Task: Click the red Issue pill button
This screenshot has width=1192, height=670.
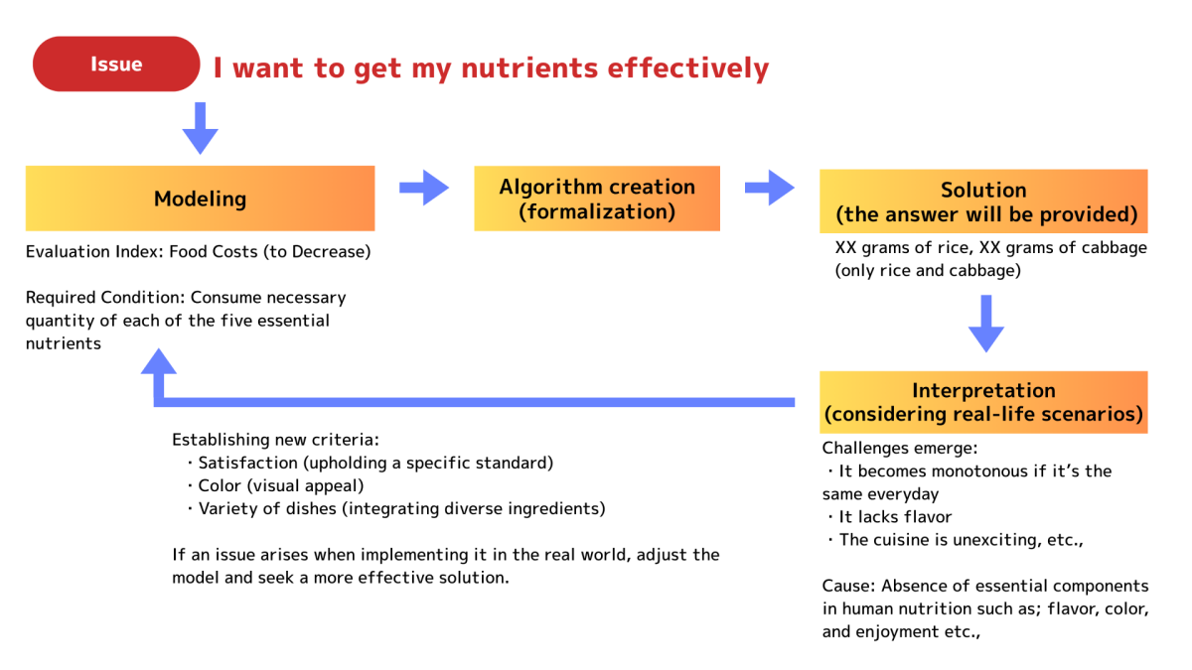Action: (x=116, y=64)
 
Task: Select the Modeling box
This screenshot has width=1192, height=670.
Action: (x=200, y=199)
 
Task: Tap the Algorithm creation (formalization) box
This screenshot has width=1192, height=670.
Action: (x=597, y=199)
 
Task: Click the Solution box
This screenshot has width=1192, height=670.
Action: (x=983, y=201)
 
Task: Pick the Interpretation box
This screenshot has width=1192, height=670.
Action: (x=983, y=402)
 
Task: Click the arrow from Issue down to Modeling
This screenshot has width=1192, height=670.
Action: (x=200, y=128)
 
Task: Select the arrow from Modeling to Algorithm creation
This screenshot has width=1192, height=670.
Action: (x=424, y=188)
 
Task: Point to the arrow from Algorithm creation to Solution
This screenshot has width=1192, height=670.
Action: (x=770, y=188)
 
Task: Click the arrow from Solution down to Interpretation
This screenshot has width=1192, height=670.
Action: (x=986, y=324)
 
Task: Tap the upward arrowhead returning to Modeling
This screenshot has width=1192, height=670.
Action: (x=159, y=362)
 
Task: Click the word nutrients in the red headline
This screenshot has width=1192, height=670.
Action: (x=529, y=68)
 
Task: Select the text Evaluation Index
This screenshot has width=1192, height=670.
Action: (x=93, y=251)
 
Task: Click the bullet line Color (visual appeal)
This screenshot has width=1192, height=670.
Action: (x=275, y=485)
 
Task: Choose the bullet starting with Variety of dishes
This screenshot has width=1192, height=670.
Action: (x=396, y=509)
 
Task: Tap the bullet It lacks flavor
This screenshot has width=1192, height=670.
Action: (x=889, y=517)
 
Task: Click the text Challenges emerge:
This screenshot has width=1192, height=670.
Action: (x=900, y=449)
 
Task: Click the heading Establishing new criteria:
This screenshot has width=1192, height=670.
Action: (x=275, y=440)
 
